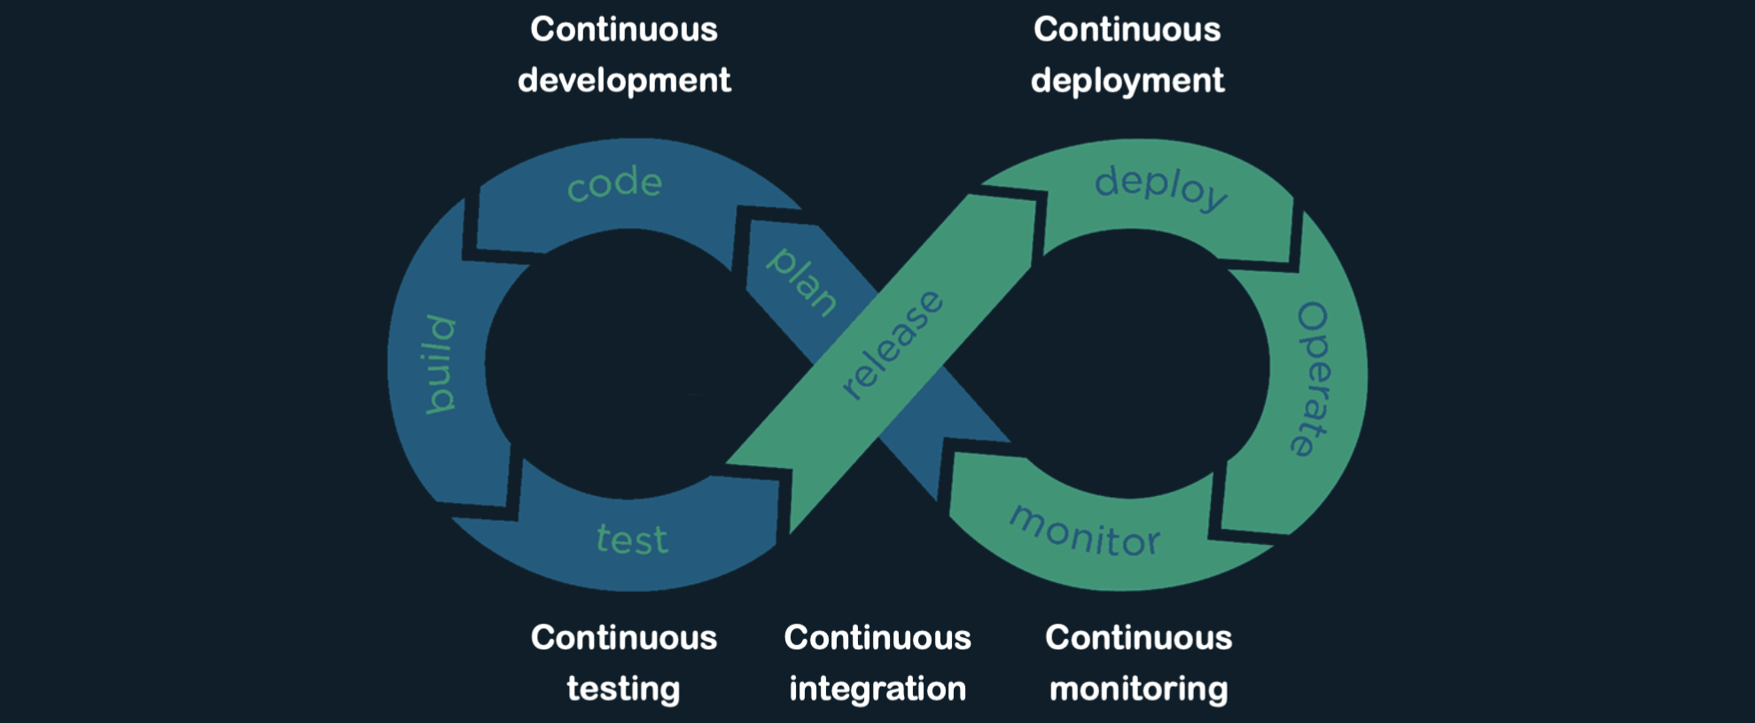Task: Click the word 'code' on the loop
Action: click(614, 183)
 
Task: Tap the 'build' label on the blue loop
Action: click(440, 364)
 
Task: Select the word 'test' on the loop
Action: click(632, 539)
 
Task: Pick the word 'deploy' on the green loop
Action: click(1160, 187)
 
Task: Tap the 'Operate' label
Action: click(1313, 379)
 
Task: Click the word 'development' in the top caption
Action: click(624, 81)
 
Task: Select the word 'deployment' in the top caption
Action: click(1127, 81)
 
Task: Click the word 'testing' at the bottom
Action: click(623, 688)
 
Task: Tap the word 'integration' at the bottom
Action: click(877, 688)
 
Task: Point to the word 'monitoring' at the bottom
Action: click(1138, 688)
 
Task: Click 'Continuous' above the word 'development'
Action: click(624, 29)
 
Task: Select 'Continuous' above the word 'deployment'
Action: click(1127, 29)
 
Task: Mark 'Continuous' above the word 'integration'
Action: click(877, 637)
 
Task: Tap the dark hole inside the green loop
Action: click(1135, 363)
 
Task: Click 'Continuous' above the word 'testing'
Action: click(624, 637)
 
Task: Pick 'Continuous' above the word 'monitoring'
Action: click(1138, 637)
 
